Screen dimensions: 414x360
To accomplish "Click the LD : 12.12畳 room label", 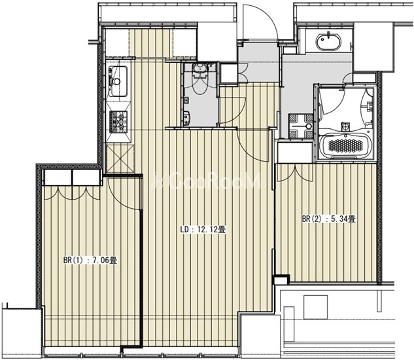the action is [x=203, y=229].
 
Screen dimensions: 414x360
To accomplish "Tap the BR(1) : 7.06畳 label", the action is [x=90, y=260].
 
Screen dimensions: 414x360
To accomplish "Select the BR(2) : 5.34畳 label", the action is [x=329, y=219].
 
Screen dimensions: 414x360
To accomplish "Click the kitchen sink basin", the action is [x=118, y=81].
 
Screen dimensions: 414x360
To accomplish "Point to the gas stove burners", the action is [x=118, y=122].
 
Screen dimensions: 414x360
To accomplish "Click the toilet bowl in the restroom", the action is [x=199, y=79].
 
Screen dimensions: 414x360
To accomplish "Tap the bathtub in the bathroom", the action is [x=345, y=145].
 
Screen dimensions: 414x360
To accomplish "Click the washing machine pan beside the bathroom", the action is [x=300, y=126].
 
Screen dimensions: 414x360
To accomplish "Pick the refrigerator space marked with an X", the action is [x=120, y=158].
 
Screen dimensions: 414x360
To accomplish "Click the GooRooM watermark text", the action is [x=207, y=181].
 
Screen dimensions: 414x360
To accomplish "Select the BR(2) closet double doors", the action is [x=294, y=173].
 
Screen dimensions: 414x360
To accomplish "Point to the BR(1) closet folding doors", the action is [x=72, y=193].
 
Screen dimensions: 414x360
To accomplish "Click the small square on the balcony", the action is [x=315, y=307].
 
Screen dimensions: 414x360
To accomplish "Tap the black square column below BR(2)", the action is [x=282, y=279].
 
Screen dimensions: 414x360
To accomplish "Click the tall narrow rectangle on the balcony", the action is [x=289, y=324].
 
